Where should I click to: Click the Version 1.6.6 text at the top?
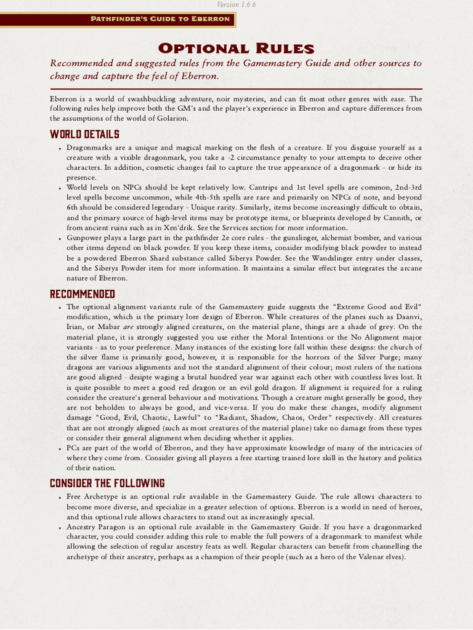(236, 4)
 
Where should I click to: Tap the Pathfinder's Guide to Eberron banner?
(160, 18)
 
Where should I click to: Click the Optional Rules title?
(236, 49)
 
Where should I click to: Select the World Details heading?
(84, 134)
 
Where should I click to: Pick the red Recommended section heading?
(83, 293)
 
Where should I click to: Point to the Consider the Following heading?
(107, 483)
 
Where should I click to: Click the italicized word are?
(128, 327)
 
